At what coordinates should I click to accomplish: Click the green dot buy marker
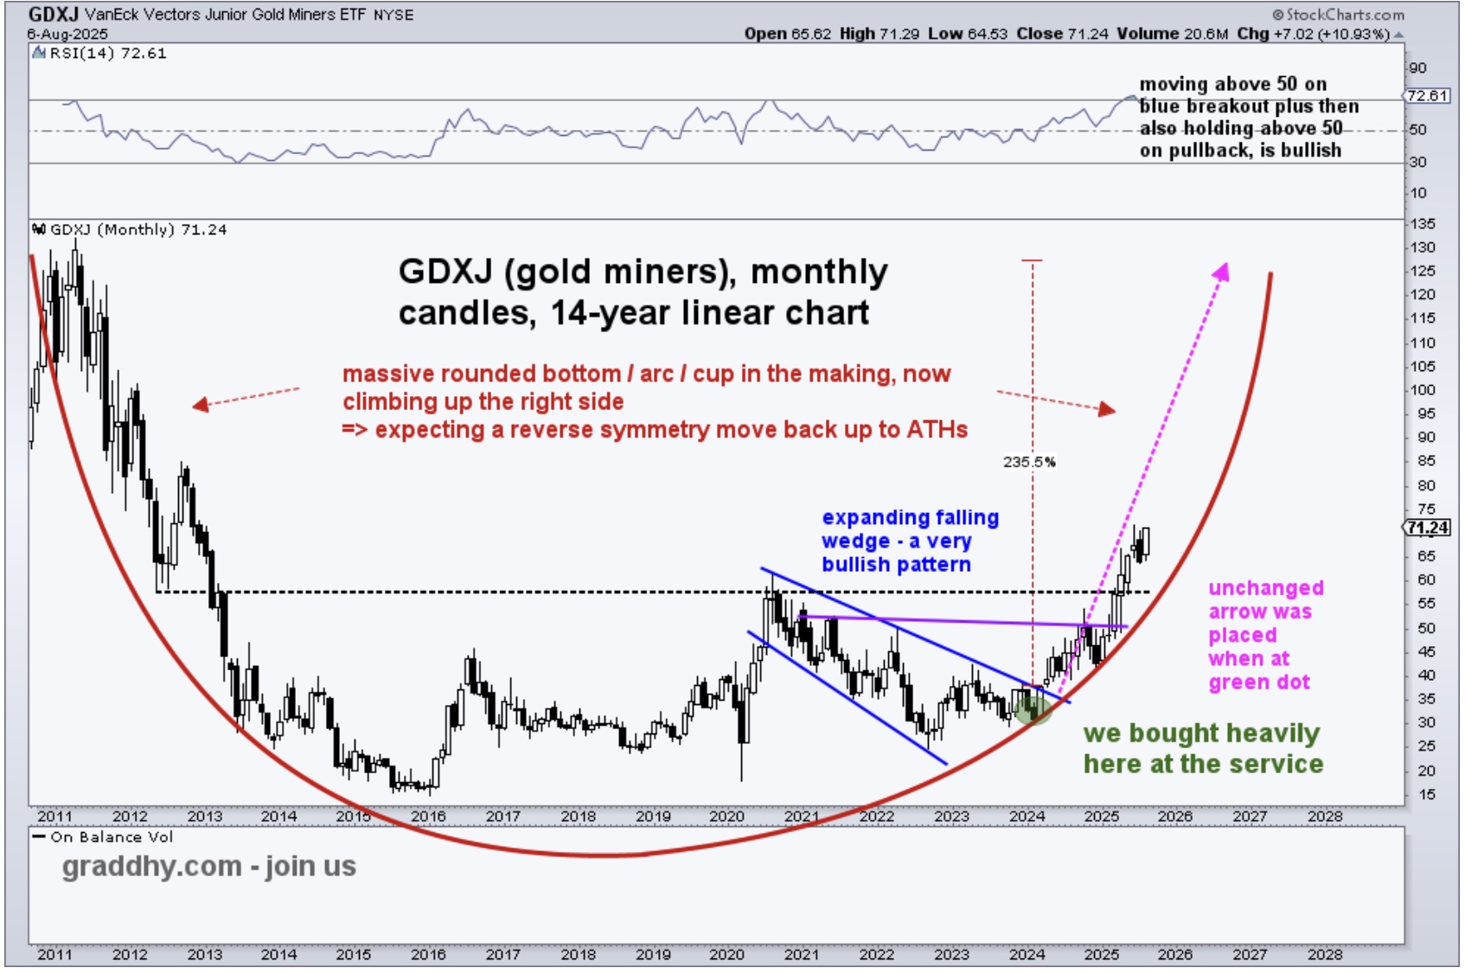coord(1033,708)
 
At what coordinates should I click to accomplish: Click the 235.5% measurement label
coord(1029,462)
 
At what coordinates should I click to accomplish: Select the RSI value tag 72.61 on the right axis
coord(1428,95)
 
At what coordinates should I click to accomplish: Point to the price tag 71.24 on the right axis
coord(1428,528)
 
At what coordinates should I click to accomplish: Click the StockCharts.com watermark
coord(1340,15)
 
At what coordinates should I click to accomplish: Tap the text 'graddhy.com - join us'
coord(208,866)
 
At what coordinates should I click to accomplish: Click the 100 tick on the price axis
coord(1423,390)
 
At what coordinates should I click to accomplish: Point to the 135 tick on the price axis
coord(1423,224)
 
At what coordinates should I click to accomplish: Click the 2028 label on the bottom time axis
coord(1325,954)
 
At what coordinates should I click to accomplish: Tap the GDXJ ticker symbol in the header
coord(54,15)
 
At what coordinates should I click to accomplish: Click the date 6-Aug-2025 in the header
coord(67,34)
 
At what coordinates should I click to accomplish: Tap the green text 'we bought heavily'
coord(1201,734)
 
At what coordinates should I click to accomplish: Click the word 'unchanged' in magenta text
coord(1266,588)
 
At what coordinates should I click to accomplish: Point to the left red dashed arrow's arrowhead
coord(200,404)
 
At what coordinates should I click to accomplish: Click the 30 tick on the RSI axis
coord(1418,163)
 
